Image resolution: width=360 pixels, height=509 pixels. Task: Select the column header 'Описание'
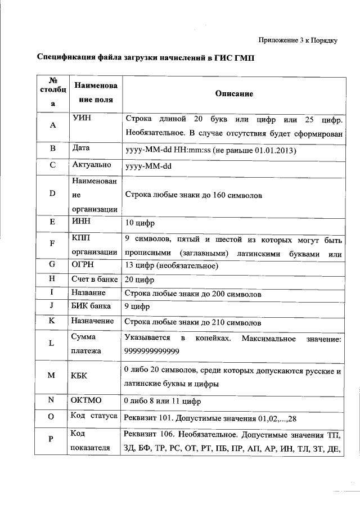coord(234,93)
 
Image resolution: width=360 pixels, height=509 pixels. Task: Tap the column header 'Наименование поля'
coord(95,93)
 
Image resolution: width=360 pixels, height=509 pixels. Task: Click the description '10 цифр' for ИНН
coord(139,222)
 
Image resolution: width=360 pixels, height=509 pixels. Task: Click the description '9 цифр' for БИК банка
coord(137,308)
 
